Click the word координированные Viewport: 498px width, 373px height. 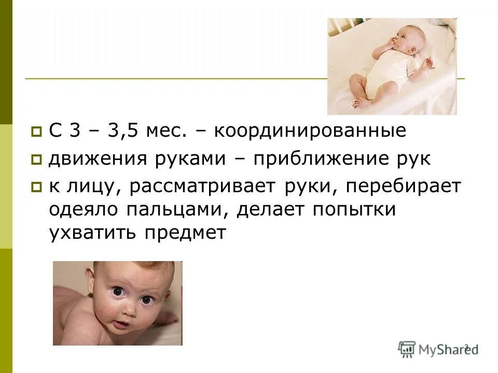point(310,131)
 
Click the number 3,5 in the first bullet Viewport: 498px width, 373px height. point(123,131)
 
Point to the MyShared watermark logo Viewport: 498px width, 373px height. point(438,348)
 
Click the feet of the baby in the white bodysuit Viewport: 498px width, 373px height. point(360,101)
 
